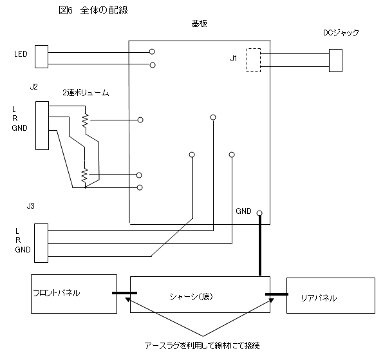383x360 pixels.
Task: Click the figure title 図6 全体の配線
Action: tap(93, 10)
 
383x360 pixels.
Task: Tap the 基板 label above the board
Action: tap(199, 24)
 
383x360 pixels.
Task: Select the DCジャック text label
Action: tap(341, 33)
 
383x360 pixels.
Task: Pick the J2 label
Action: tap(33, 87)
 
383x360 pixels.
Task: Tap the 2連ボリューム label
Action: tap(86, 93)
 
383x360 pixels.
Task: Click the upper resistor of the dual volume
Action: tap(85, 120)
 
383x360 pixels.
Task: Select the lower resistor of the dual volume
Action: tap(84, 175)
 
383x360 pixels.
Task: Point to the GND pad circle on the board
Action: tap(259, 213)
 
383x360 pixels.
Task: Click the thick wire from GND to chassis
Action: tap(260, 245)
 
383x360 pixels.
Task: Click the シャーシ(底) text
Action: tap(191, 297)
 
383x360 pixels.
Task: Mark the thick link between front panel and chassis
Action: tap(125, 293)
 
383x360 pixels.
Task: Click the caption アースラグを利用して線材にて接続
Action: tap(202, 346)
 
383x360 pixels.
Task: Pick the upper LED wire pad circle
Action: tap(152, 52)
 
